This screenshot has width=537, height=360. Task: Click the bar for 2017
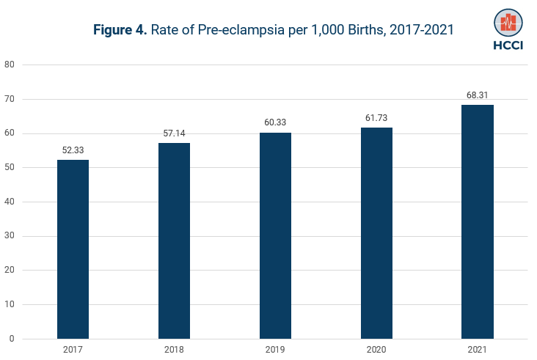coord(73,249)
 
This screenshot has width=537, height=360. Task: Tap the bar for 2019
coord(275,235)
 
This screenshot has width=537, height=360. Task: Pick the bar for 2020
coord(376,233)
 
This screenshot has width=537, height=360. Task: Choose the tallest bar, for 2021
coord(478,221)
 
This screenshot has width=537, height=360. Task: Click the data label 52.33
coord(73,150)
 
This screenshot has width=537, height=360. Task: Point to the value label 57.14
coord(174,133)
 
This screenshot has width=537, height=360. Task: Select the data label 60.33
coord(275,122)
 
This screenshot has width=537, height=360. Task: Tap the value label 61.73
coord(376,117)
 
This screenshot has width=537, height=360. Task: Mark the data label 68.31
coord(478,95)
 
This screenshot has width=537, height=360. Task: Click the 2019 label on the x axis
coord(275,350)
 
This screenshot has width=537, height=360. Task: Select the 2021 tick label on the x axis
coord(478,350)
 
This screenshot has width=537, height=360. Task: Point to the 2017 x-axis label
coord(73,350)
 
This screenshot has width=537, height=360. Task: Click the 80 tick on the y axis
coord(10,65)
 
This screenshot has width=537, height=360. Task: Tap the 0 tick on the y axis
coord(12,339)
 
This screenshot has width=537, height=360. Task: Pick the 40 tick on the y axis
coord(10,202)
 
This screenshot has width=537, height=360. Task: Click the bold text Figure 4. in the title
coord(120,30)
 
